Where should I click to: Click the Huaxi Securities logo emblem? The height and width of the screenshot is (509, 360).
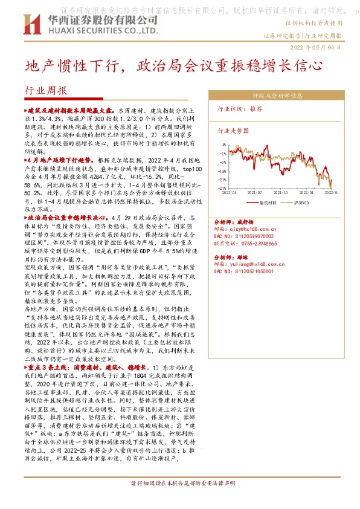pos(31,25)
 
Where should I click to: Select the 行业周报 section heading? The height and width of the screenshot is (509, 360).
pos(46,91)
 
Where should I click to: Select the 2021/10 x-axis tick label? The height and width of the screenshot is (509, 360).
pos(292,193)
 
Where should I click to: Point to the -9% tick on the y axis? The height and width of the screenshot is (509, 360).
pos(223,163)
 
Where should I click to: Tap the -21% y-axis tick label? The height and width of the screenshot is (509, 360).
pos(222,180)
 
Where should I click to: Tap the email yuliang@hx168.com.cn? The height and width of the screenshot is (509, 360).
pos(256,264)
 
